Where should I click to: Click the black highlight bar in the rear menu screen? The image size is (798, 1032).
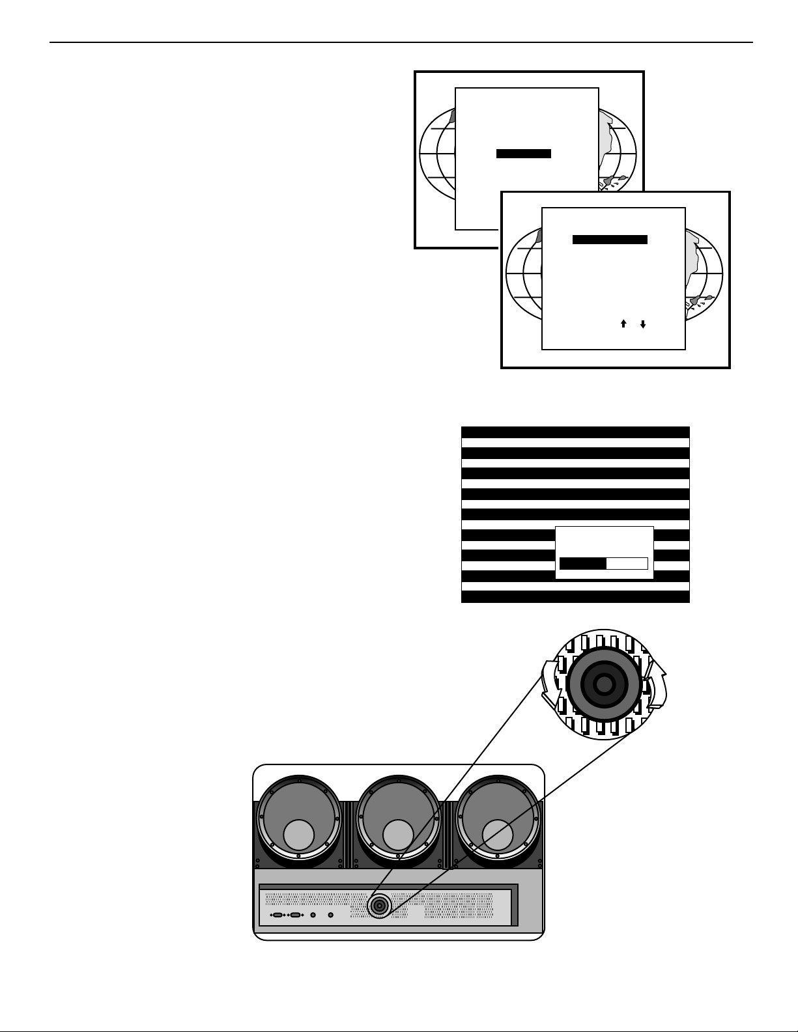point(524,154)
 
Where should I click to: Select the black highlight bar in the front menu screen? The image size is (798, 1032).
point(610,240)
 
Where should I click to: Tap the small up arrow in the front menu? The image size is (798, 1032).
point(623,324)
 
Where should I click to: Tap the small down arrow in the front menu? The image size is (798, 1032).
point(643,324)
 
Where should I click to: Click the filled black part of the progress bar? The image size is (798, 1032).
point(583,564)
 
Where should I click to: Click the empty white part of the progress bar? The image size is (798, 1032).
point(627,564)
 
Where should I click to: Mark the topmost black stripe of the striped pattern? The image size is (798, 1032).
point(575,432)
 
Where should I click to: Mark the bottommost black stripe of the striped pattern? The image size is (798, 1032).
point(575,596)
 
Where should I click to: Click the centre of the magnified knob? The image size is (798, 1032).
point(605,684)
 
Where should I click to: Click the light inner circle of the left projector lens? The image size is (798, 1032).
point(299,835)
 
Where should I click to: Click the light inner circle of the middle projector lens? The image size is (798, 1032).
point(399,835)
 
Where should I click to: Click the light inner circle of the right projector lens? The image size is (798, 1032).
point(498,835)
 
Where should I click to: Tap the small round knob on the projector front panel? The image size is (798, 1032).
point(379,906)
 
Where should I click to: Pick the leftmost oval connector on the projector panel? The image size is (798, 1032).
point(278,915)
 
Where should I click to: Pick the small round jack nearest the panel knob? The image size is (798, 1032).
point(330,915)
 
